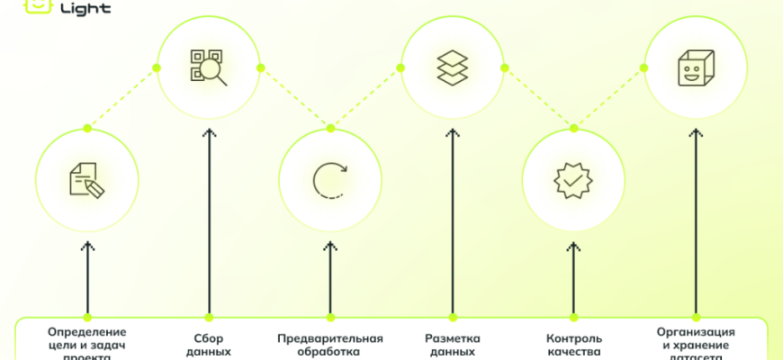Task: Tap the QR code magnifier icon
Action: point(208,67)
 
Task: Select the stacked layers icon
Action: point(452,67)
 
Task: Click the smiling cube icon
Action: point(695,67)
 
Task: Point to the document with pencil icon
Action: point(86,179)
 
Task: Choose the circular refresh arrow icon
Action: point(329,179)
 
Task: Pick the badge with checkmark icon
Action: point(573,179)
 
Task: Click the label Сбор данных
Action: point(208,346)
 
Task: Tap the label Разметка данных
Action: point(452,346)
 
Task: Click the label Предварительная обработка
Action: point(329,346)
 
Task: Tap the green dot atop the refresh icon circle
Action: point(329,129)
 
